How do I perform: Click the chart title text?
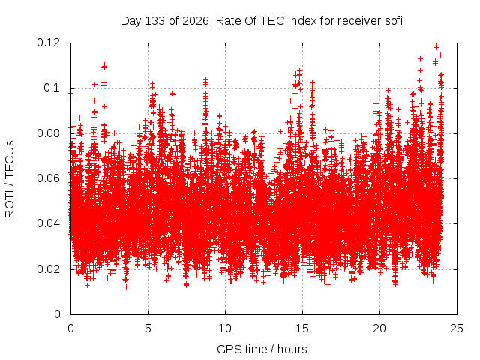pyautogui.click(x=262, y=21)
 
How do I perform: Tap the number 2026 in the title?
pyautogui.click(x=195, y=21)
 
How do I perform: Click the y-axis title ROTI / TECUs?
pyautogui.click(x=10, y=179)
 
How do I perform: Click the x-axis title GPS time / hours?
pyautogui.click(x=262, y=349)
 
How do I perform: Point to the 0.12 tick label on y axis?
pyautogui.click(x=48, y=43)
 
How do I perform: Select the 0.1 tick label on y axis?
pyautogui.click(x=52, y=88)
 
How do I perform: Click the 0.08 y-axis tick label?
pyautogui.click(x=48, y=133)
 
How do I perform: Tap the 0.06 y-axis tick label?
pyautogui.click(x=48, y=178)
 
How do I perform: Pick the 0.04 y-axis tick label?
pyautogui.click(x=48, y=223)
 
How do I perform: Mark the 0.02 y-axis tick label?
pyautogui.click(x=48, y=269)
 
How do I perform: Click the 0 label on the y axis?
pyautogui.click(x=57, y=314)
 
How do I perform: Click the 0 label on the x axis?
pyautogui.click(x=70, y=328)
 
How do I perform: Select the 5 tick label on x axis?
pyautogui.click(x=148, y=328)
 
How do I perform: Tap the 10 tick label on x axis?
pyautogui.click(x=225, y=328)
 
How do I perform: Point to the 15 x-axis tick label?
pyautogui.click(x=302, y=328)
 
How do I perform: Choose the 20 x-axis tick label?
pyautogui.click(x=379, y=328)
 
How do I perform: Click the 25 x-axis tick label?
pyautogui.click(x=457, y=328)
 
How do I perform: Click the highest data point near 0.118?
pyautogui.click(x=436, y=46)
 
